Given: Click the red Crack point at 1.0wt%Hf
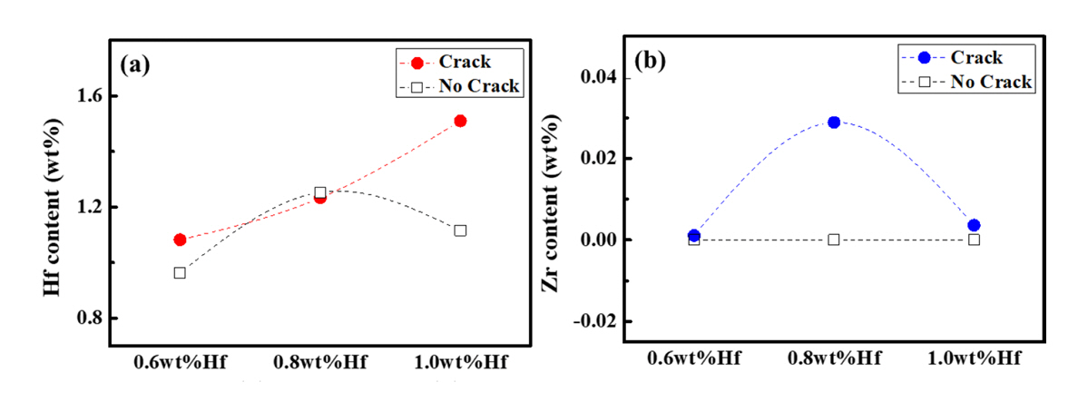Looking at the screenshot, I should (x=460, y=121).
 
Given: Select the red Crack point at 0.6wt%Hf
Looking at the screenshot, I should (x=180, y=240).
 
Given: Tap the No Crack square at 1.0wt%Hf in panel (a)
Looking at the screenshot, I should (x=460, y=230).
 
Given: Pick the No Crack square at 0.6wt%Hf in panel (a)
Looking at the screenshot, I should (x=180, y=272).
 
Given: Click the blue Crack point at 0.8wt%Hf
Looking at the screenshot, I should (x=834, y=122).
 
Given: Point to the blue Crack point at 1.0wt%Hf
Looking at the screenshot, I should (x=974, y=225).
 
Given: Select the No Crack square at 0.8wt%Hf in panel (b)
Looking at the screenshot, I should (x=834, y=240).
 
